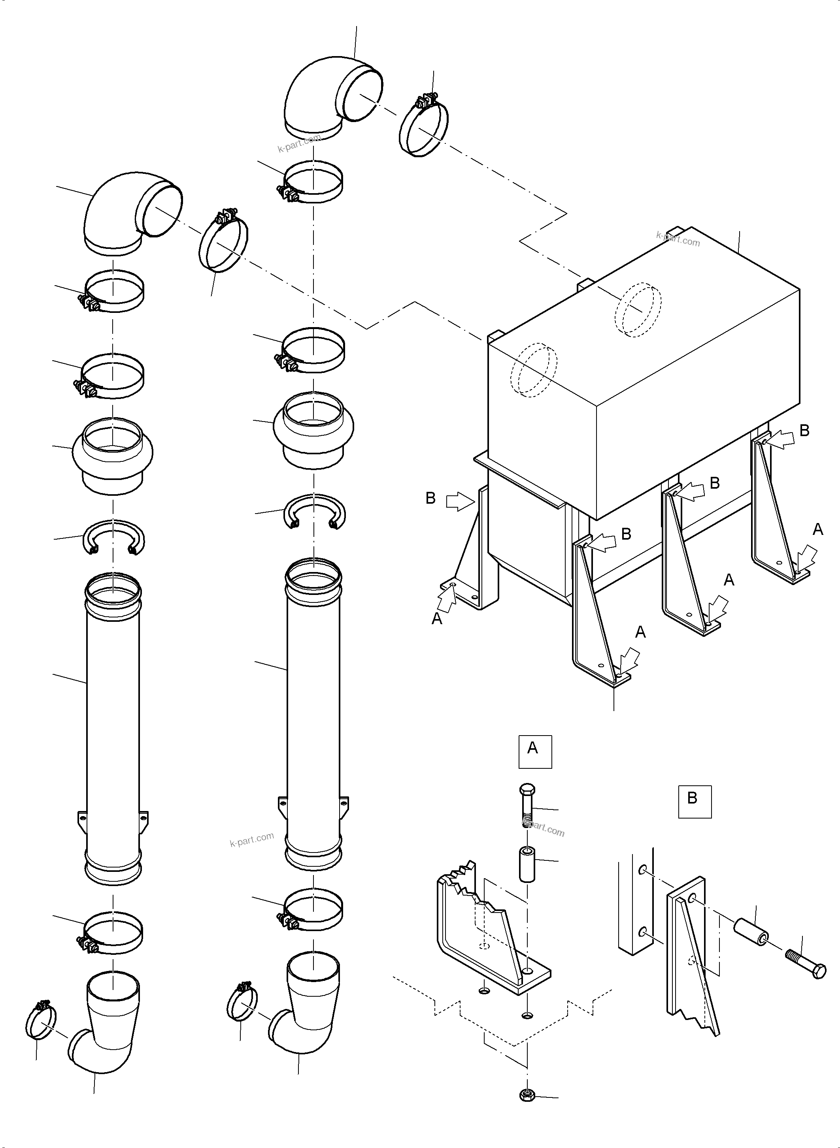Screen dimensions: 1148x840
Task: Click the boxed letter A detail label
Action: tap(534, 751)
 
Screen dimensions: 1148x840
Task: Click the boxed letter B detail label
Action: tap(694, 802)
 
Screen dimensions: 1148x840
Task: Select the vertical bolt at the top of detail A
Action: tap(527, 805)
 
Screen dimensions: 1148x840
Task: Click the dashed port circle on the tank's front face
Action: tap(533, 369)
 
